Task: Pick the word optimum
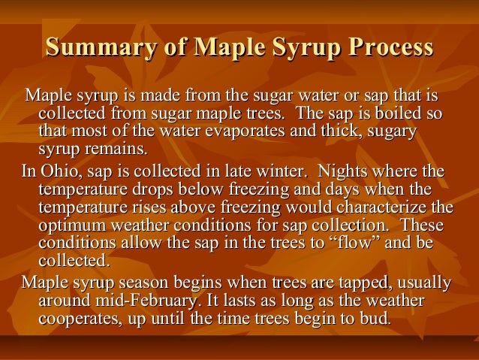pos(71,223)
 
